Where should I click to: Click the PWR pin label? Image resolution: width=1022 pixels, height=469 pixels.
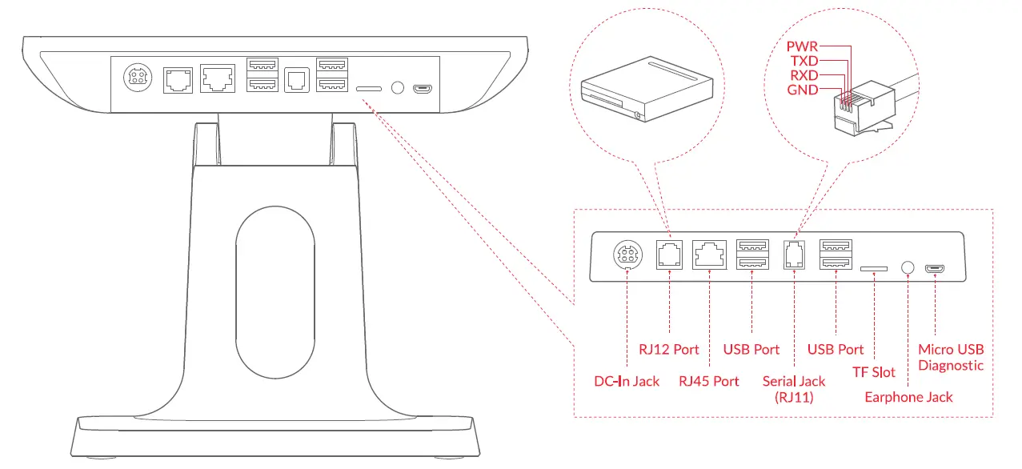tap(802, 46)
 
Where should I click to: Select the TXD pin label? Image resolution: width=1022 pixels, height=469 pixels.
tap(802, 61)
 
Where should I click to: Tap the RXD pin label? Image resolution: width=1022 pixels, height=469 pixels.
tap(802, 75)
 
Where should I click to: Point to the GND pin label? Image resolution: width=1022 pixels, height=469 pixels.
tap(802, 90)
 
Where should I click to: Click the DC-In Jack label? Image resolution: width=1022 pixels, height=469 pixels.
tap(627, 381)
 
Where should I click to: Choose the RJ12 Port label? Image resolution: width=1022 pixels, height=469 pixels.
tap(668, 350)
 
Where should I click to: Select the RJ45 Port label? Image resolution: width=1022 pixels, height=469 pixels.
tap(709, 381)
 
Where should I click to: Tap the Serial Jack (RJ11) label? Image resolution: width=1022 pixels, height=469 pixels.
tap(794, 388)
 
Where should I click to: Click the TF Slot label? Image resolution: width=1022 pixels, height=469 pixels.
tap(873, 372)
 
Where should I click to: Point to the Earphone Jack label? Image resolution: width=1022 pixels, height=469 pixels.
tap(908, 397)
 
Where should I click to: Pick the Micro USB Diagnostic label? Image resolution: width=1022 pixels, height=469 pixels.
tap(951, 358)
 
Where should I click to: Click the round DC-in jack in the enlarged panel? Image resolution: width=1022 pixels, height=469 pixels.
tap(626, 256)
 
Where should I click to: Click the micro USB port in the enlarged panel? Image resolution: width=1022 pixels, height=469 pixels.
tap(934, 268)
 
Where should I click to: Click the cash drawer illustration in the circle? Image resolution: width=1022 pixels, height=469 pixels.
tap(647, 90)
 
